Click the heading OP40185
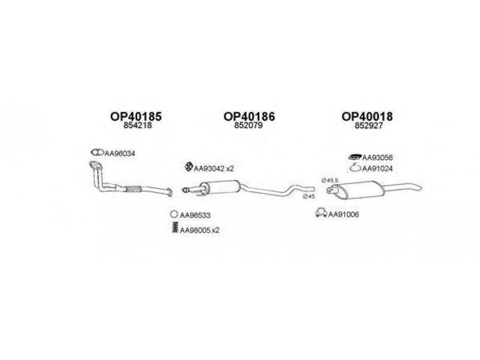click(x=136, y=117)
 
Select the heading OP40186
click(x=249, y=117)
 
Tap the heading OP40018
click(x=367, y=117)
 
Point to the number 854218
click(x=136, y=127)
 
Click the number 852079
click(x=249, y=127)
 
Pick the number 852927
click(x=367, y=127)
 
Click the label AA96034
click(x=120, y=154)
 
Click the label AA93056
click(x=377, y=158)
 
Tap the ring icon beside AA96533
click(x=173, y=214)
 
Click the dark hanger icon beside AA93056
click(x=355, y=157)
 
